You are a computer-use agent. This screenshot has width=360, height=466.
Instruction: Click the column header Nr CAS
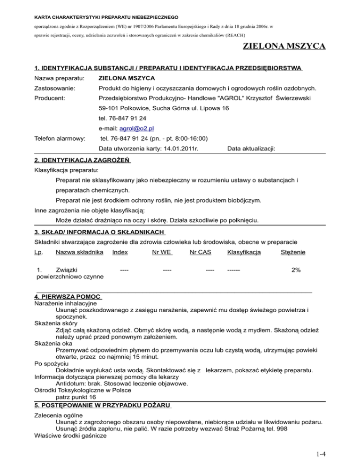pyautogui.click(x=200, y=253)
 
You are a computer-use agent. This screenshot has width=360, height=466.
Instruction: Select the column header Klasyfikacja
pyautogui.click(x=244, y=253)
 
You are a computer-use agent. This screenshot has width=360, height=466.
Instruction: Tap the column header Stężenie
pyautogui.click(x=293, y=253)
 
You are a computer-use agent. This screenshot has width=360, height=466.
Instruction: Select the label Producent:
pyautogui.click(x=51, y=98)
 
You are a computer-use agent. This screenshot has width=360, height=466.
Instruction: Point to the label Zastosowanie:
pyautogui.click(x=55, y=88)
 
